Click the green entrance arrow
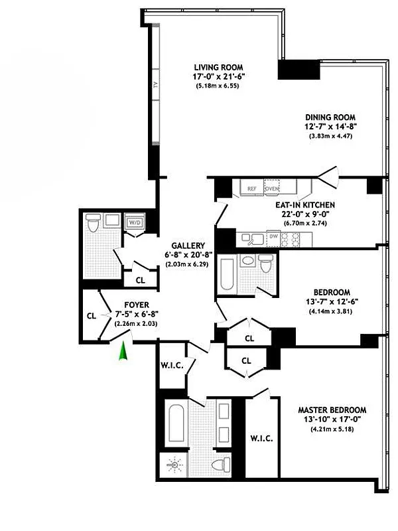[x=122, y=351]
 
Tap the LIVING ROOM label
[x=218, y=67]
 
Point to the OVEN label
[x=272, y=189]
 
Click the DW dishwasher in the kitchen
[x=273, y=236]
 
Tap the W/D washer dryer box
[x=135, y=222]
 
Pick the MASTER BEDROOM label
[x=332, y=410]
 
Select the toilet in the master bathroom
[x=222, y=462]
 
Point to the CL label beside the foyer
[x=92, y=315]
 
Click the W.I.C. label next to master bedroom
[x=261, y=439]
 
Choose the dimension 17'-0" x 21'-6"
[x=218, y=77]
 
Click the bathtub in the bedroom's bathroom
[x=226, y=273]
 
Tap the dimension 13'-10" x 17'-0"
[x=332, y=420]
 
